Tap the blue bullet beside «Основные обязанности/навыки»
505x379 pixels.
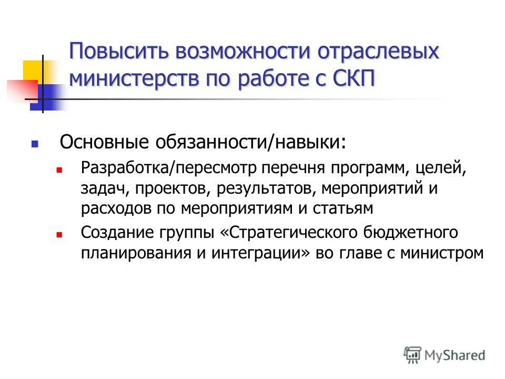[35, 143]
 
